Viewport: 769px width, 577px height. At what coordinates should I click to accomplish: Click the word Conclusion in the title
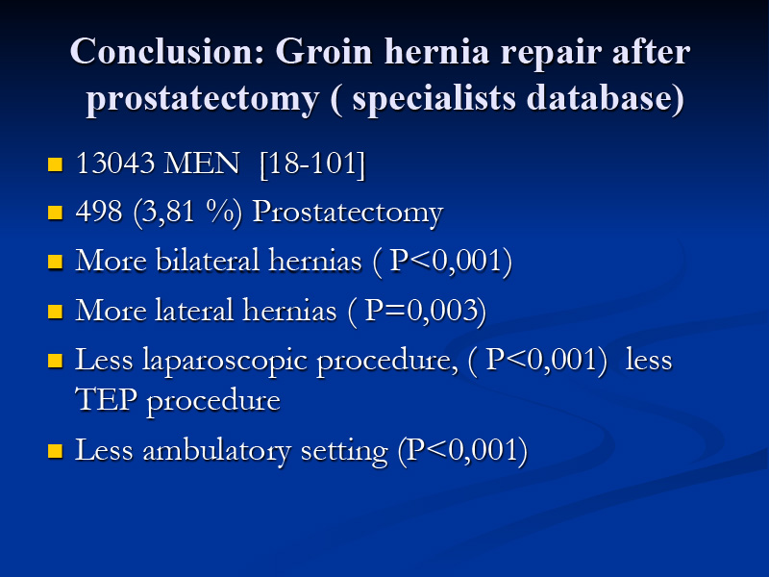click(167, 52)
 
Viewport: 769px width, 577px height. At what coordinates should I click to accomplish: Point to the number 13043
click(115, 163)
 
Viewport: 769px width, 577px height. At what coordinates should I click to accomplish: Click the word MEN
click(202, 163)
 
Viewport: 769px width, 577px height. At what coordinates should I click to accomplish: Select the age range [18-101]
click(312, 163)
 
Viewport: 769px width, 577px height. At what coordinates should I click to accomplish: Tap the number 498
click(99, 212)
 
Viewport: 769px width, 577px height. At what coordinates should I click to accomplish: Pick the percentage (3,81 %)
click(187, 213)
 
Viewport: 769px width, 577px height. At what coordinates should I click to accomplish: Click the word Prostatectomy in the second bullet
click(348, 213)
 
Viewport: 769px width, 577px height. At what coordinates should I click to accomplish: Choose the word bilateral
click(207, 260)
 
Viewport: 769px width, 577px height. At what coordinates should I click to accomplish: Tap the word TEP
click(106, 399)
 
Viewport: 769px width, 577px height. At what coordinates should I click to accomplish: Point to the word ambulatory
click(216, 450)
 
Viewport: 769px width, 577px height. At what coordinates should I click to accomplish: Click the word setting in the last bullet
click(344, 451)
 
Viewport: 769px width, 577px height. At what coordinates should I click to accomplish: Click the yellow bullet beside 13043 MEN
click(56, 164)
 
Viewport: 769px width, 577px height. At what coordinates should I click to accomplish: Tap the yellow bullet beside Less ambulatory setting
click(56, 451)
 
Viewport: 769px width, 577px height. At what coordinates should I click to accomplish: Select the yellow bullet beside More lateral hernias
click(56, 312)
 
